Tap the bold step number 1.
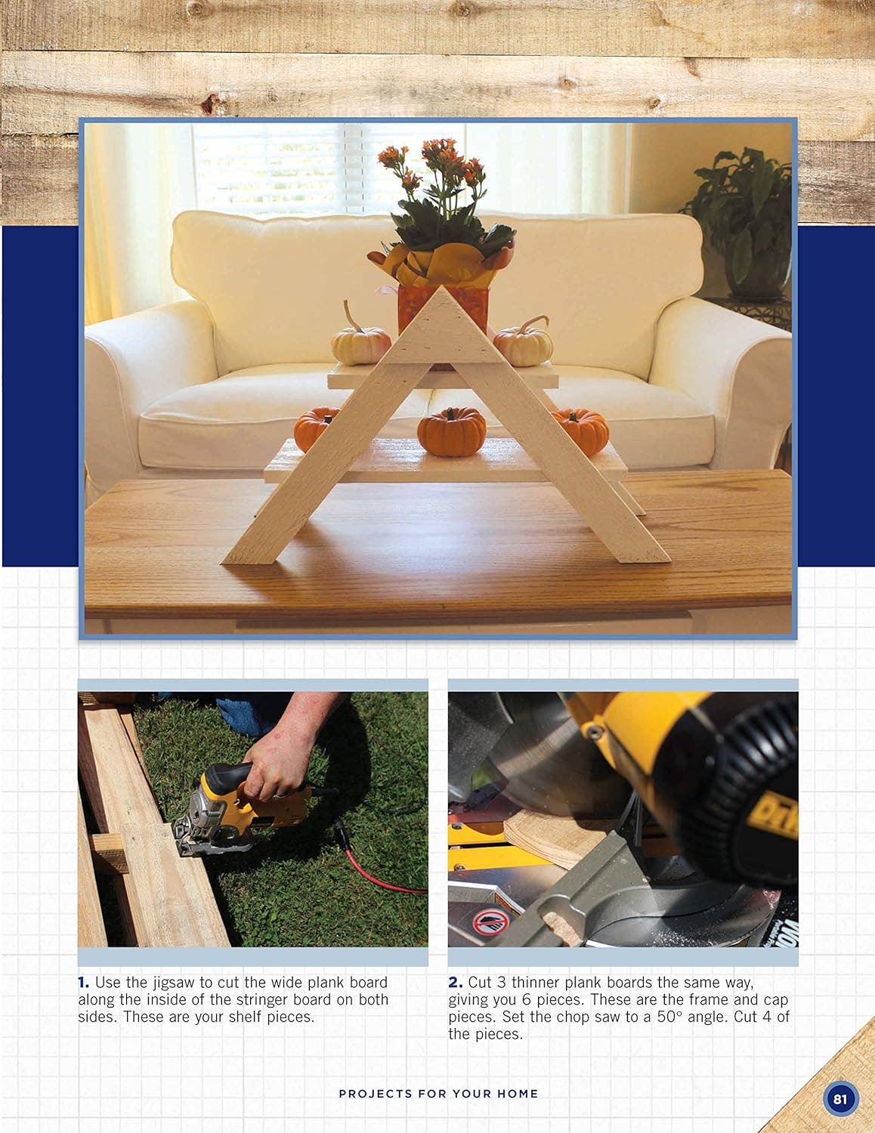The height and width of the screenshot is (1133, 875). click(x=83, y=983)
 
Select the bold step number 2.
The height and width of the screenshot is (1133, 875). click(x=455, y=983)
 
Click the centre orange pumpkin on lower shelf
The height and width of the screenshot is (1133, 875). click(x=452, y=431)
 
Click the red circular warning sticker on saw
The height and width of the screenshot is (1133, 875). click(x=489, y=922)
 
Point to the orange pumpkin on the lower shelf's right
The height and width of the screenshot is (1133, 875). click(x=581, y=432)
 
